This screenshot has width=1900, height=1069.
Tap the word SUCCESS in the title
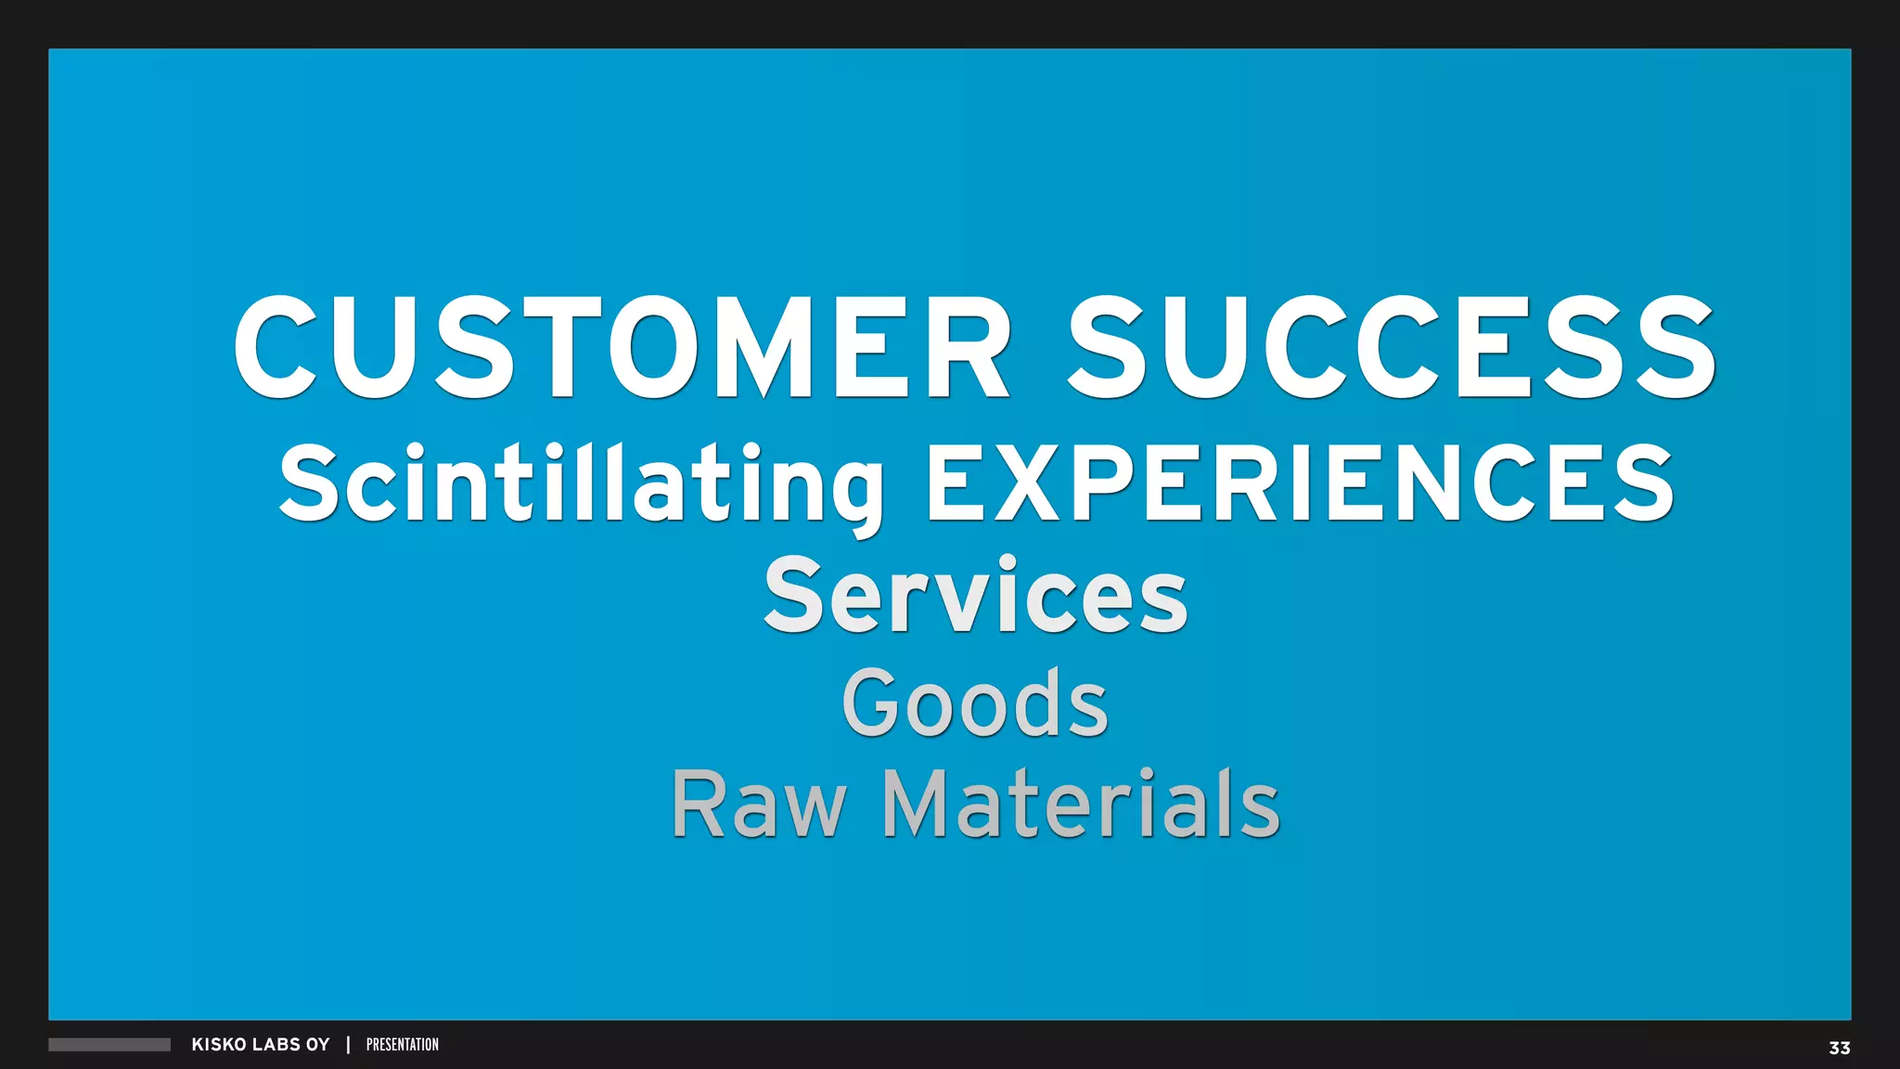click(x=1392, y=347)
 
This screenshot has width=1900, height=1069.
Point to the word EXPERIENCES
click(x=1300, y=483)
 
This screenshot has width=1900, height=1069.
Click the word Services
click(x=975, y=596)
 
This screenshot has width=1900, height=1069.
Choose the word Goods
click(x=975, y=703)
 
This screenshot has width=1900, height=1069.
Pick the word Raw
click(x=759, y=804)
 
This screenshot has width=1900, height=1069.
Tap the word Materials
click(x=1081, y=804)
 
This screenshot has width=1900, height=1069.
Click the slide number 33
click(x=1839, y=1048)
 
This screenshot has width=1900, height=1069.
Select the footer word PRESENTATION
click(x=403, y=1045)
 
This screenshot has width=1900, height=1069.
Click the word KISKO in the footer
click(x=219, y=1045)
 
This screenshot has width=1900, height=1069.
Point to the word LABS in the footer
click(x=276, y=1045)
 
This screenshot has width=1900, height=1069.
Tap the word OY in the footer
click(x=318, y=1045)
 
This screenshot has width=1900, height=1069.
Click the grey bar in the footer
click(x=109, y=1045)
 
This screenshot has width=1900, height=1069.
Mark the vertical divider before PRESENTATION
click(x=348, y=1045)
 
